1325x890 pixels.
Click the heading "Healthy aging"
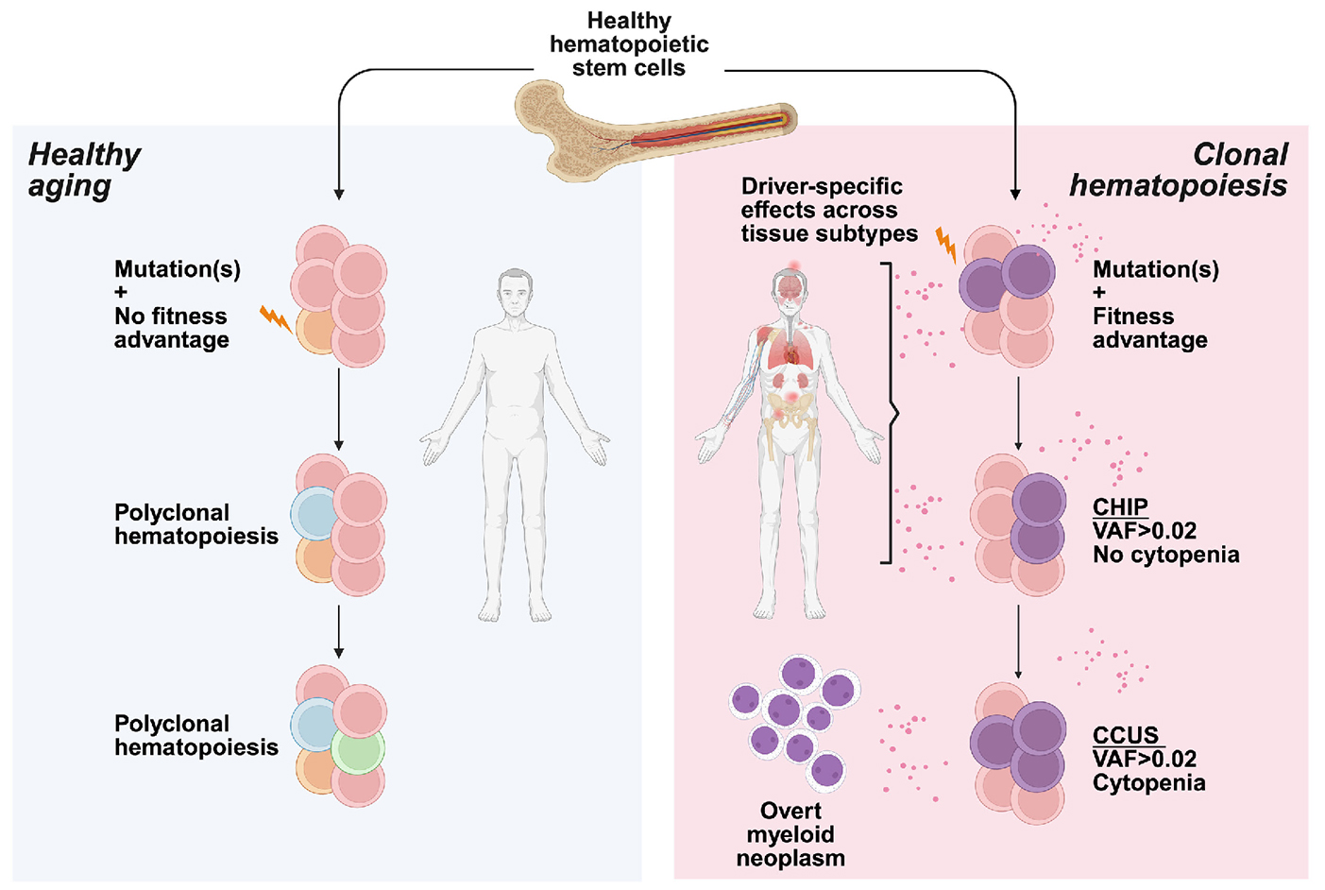pos(84,170)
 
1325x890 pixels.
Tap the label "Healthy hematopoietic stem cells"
pos(629,44)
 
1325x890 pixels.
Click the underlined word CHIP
pos(1120,507)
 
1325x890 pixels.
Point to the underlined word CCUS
pos(1125,735)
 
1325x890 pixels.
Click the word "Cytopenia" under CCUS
pos(1148,783)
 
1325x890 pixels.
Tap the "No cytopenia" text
pos(1165,555)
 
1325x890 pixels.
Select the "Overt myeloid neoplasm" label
pos(790,834)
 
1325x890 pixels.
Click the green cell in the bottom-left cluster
pos(357,750)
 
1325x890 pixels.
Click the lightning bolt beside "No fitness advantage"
pos(275,318)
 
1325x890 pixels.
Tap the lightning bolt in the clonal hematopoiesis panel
pos(946,245)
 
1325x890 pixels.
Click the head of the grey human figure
pos(516,294)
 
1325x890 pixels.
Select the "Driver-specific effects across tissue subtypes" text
pos(827,210)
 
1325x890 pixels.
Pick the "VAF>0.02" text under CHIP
pos(1144,531)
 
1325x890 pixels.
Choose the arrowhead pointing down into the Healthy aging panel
pos(339,194)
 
